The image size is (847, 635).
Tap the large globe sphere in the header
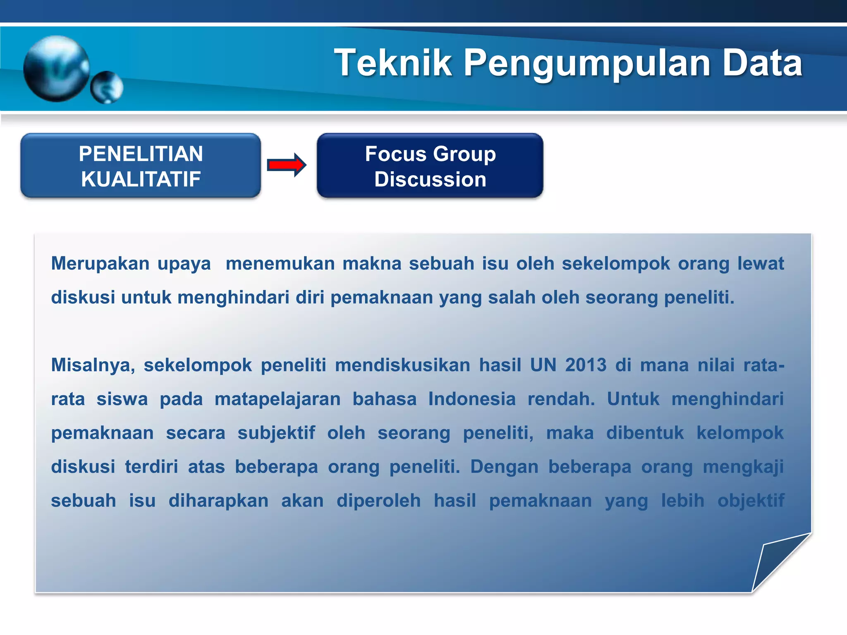click(56, 69)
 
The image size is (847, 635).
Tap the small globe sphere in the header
click(107, 87)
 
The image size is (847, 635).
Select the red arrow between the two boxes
click(286, 165)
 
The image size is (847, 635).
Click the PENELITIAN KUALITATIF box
click(141, 166)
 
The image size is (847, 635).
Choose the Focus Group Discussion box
click(430, 166)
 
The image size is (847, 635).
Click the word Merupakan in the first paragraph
click(100, 264)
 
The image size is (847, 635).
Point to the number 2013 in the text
click(586, 365)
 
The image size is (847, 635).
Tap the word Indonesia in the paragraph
click(472, 399)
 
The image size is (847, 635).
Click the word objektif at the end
click(751, 501)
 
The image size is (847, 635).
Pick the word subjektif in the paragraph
click(276, 433)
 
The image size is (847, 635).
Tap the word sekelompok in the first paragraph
click(615, 264)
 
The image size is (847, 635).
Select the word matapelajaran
click(278, 399)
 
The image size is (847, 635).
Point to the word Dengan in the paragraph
click(504, 467)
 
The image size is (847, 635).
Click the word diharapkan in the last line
click(218, 501)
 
